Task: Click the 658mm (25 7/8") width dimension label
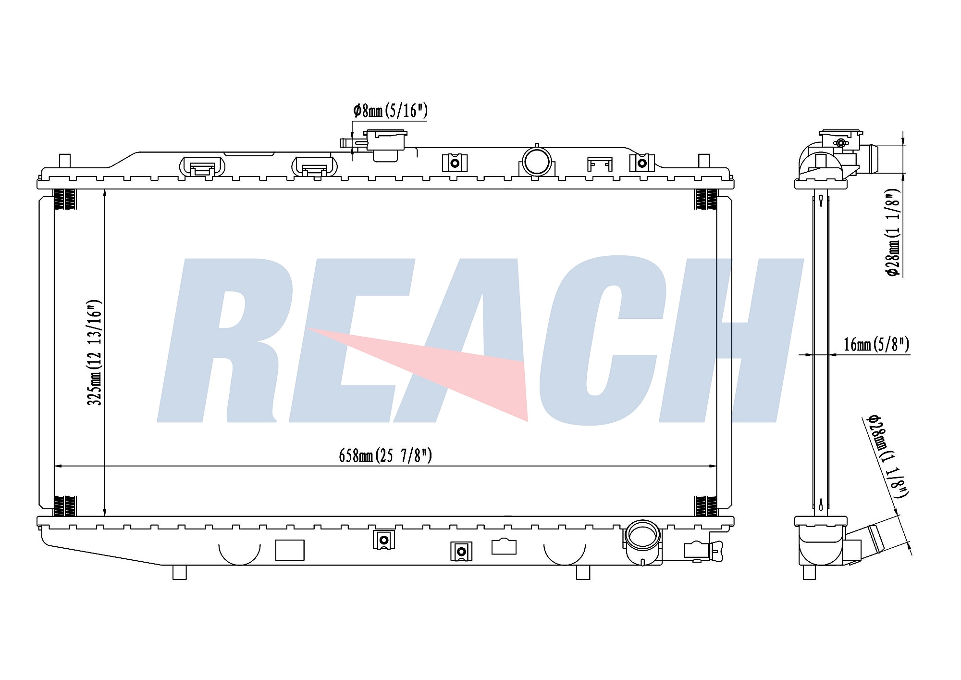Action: [385, 455]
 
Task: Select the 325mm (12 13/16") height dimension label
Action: [94, 353]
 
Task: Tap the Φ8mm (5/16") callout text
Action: [390, 111]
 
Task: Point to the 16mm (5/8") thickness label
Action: [876, 344]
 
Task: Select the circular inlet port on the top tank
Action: [537, 162]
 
